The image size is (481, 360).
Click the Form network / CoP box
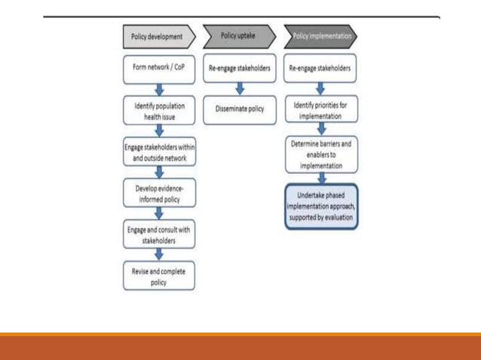[x=158, y=69]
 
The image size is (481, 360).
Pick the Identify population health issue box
[x=158, y=110]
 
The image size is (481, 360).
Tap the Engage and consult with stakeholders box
[x=158, y=233]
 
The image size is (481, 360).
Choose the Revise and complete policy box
[x=158, y=275]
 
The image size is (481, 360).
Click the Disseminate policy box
[x=239, y=109]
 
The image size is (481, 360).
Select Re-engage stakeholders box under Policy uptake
[x=239, y=69]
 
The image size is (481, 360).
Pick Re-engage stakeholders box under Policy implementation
[x=320, y=69]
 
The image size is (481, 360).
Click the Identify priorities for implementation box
[x=320, y=110]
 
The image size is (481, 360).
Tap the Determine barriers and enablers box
[x=320, y=154]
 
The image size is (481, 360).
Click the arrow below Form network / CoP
[x=158, y=89]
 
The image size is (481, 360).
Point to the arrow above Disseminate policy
[x=239, y=89]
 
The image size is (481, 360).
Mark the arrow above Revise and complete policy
[x=158, y=255]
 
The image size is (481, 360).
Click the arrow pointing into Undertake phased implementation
[x=320, y=178]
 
